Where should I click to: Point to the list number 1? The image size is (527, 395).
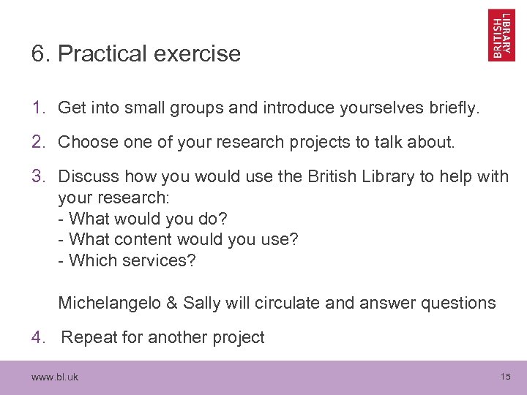pyautogui.click(x=37, y=108)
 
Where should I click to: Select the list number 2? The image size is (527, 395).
pyautogui.click(x=37, y=142)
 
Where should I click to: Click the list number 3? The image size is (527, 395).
pyautogui.click(x=37, y=176)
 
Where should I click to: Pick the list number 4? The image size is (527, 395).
pyautogui.click(x=37, y=337)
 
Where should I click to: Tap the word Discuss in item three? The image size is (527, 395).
pyautogui.click(x=89, y=176)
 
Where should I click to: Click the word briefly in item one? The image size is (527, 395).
pyautogui.click(x=454, y=108)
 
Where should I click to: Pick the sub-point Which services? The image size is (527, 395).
pyautogui.click(x=127, y=260)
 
